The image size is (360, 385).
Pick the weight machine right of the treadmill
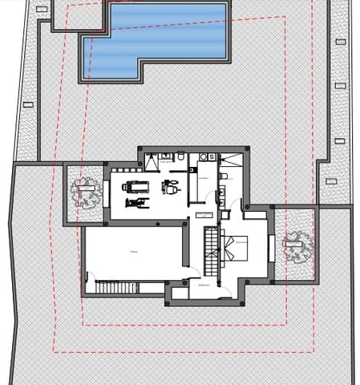[169, 187]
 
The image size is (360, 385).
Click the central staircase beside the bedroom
[212, 249]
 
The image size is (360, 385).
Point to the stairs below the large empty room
[113, 287]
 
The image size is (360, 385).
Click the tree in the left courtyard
[83, 192]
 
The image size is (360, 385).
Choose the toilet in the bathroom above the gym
[180, 156]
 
